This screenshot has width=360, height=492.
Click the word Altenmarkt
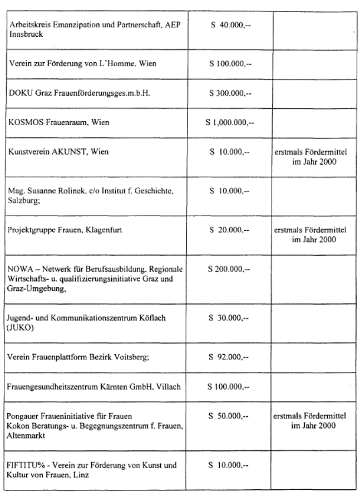(x=28, y=434)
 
